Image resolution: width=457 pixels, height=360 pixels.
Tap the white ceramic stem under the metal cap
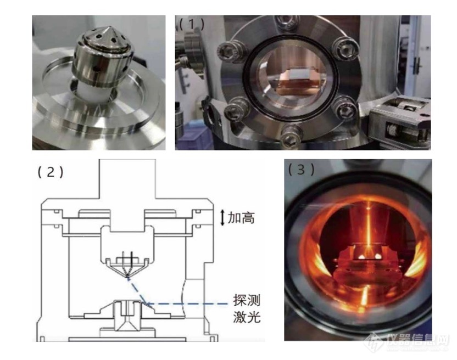point(89,92)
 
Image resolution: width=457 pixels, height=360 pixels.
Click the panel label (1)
point(191,25)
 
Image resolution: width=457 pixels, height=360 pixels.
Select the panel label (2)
point(51,172)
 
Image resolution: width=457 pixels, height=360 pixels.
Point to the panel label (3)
point(302,169)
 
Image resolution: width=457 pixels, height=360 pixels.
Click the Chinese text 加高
point(241,217)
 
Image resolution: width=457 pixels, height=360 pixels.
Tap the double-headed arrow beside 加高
point(222,218)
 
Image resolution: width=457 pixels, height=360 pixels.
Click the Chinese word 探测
point(247,300)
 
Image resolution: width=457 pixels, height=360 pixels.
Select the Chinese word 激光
point(247,317)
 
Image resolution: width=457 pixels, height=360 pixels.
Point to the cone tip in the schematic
point(127,278)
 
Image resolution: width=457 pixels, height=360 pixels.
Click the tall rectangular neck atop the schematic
point(127,179)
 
